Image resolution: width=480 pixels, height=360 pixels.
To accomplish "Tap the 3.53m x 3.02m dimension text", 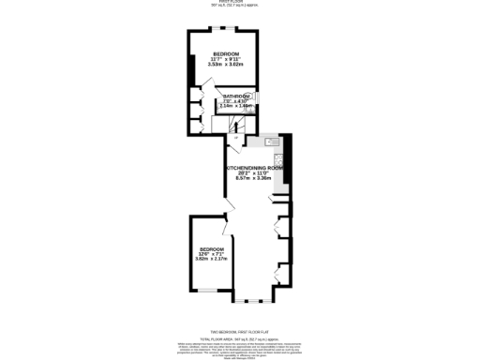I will point(226,65).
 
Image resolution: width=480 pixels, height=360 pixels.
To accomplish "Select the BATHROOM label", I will point(235,97).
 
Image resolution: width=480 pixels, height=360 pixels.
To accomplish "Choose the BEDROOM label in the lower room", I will point(212,247).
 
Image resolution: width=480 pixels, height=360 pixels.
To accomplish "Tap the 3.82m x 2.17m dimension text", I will point(212,259).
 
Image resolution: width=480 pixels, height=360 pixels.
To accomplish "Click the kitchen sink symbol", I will point(272,142).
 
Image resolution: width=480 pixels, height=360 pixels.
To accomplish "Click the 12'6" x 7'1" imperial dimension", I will point(212,253).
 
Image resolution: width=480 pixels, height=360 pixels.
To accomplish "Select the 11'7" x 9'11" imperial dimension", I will point(226,59).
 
